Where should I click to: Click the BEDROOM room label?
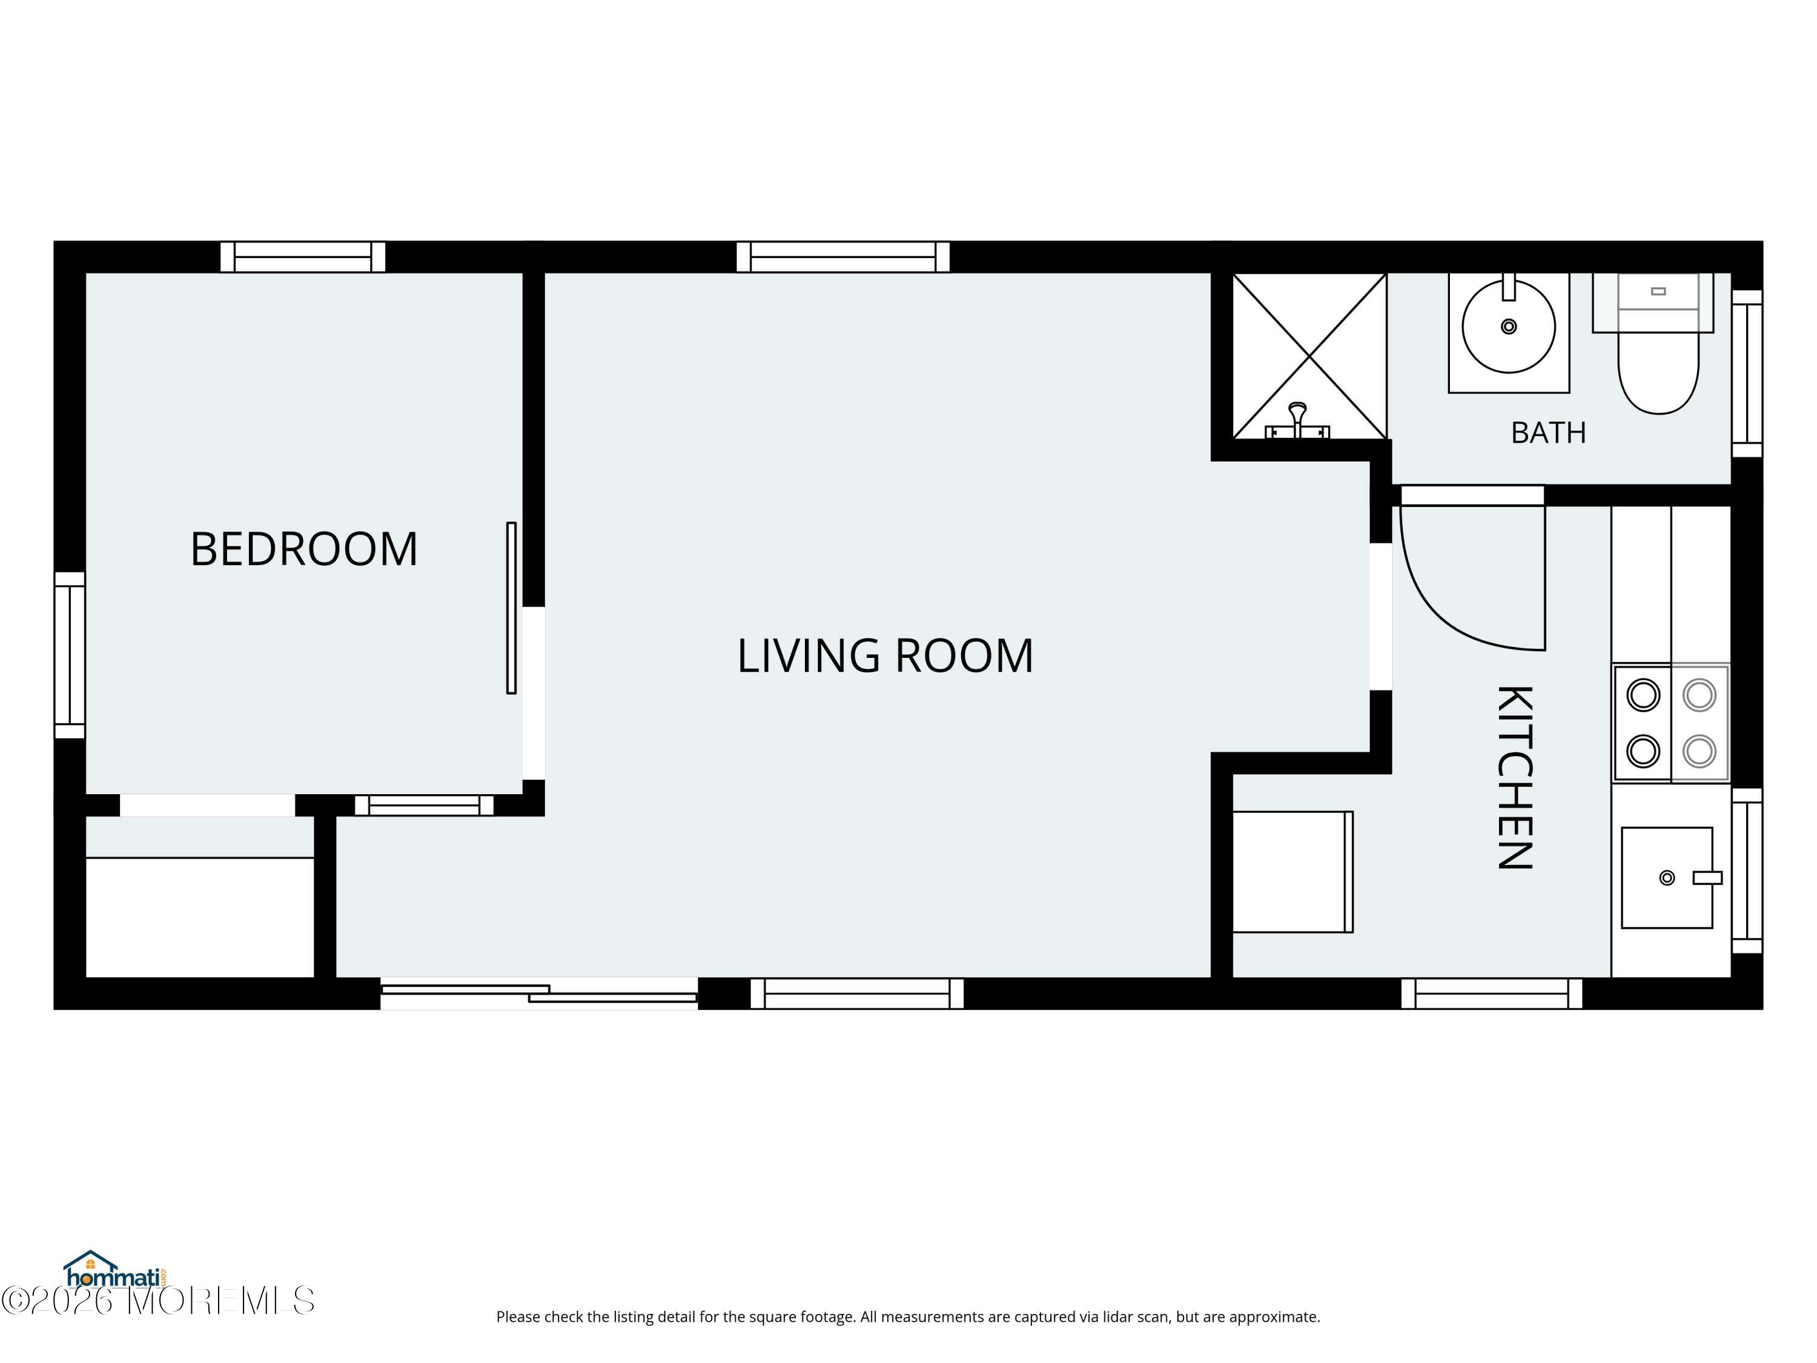click(304, 549)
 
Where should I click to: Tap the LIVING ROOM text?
click(885, 655)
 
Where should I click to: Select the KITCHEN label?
click(1515, 777)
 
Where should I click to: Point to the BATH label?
click(1549, 432)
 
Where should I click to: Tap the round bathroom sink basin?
click(1509, 326)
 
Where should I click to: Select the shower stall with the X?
click(1309, 356)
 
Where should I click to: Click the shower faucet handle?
click(1298, 419)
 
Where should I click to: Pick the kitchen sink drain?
click(1667, 878)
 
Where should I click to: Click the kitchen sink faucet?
click(1707, 878)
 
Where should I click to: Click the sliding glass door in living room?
click(539, 993)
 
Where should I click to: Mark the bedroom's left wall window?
click(70, 655)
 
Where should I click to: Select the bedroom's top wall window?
click(303, 256)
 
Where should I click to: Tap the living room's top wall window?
click(843, 256)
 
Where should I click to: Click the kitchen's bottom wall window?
click(1492, 993)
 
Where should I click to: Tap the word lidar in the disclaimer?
click(1112, 1316)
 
